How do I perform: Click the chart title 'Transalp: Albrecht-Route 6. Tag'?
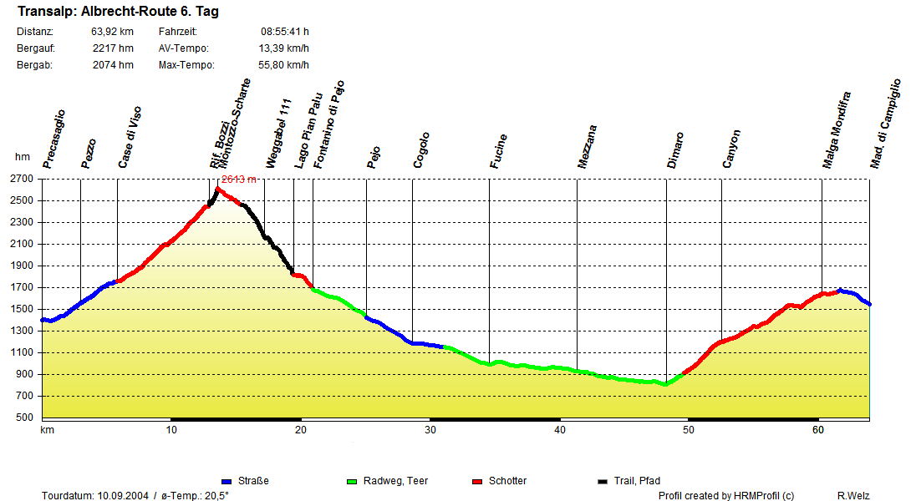(x=118, y=13)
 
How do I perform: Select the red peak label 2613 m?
(x=238, y=180)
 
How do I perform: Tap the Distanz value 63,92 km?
(x=112, y=32)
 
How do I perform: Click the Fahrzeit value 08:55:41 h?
(x=284, y=32)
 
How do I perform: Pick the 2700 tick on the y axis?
(x=23, y=179)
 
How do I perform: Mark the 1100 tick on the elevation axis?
(x=23, y=352)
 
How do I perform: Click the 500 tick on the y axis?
(x=25, y=417)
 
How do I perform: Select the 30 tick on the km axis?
(x=430, y=430)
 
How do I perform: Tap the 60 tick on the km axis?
(x=818, y=430)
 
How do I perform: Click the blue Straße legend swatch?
(x=226, y=482)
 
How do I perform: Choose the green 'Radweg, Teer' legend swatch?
(x=352, y=482)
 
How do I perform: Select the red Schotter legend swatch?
(x=477, y=482)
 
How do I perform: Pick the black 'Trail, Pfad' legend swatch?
(x=603, y=482)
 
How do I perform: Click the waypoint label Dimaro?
(x=675, y=150)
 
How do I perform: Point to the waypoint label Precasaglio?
(x=54, y=139)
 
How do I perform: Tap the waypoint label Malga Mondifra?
(x=837, y=130)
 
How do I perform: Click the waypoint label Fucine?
(x=499, y=151)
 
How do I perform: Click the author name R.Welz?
(x=853, y=496)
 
